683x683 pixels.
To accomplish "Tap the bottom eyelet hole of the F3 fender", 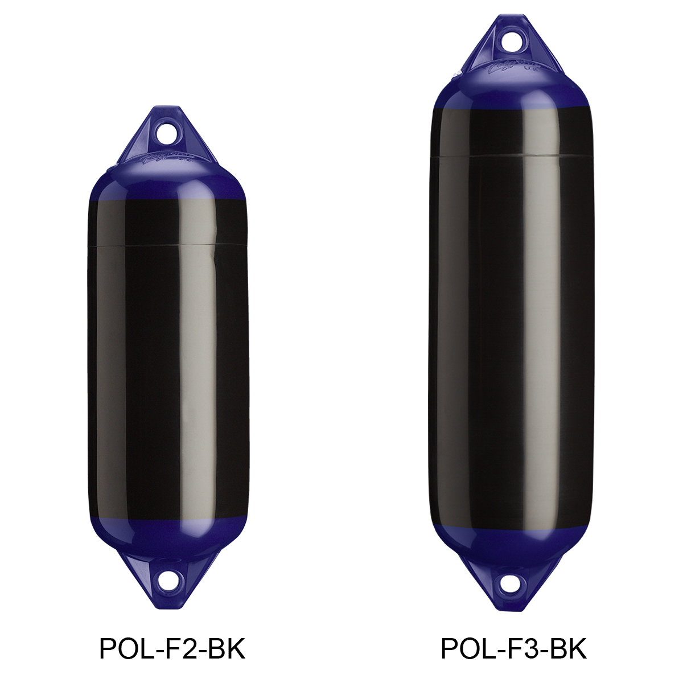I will (x=511, y=584).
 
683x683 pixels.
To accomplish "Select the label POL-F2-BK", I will (x=172, y=649).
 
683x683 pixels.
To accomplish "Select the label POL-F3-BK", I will (x=513, y=649).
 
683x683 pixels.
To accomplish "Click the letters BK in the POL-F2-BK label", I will (x=227, y=649).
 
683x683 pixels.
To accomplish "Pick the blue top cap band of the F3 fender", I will (x=511, y=91).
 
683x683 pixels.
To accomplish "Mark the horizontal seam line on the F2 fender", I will (x=168, y=245).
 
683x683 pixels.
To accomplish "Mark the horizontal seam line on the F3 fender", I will (x=511, y=155).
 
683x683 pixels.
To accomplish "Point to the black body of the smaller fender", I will (x=168, y=370).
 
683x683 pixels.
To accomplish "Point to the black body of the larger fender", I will (x=511, y=341).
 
